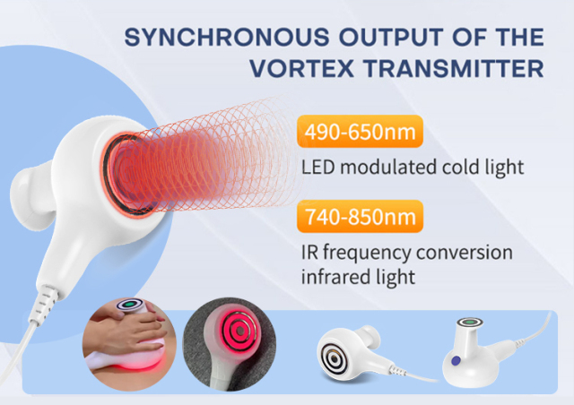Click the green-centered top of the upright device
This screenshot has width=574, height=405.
(x=466, y=322)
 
